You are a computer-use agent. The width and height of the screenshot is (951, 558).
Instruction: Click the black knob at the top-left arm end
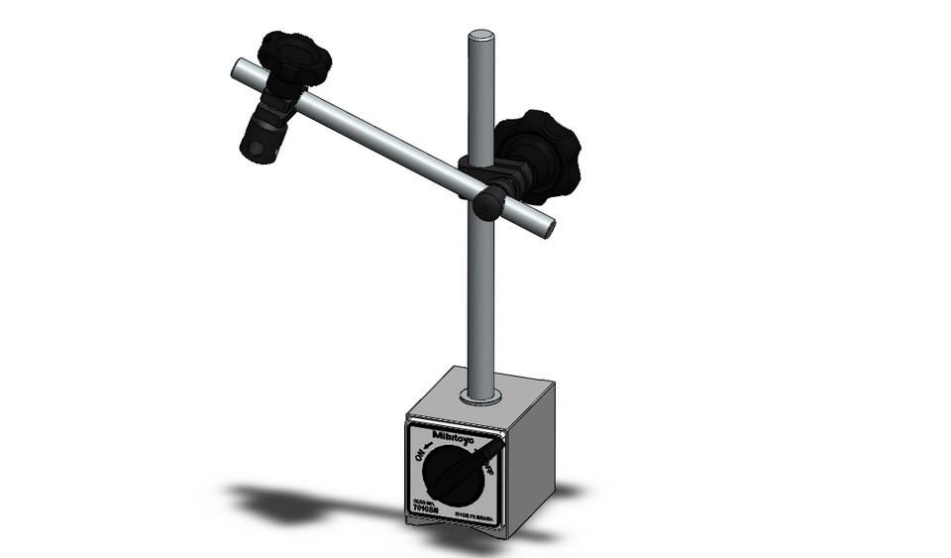click(293, 57)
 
